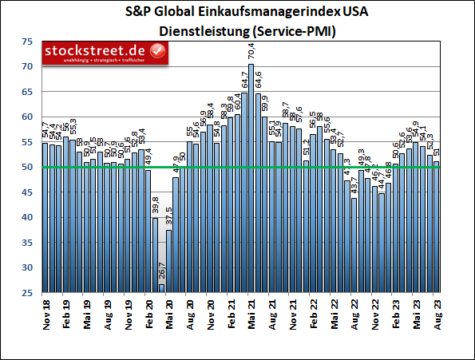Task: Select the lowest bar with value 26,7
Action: [161, 288]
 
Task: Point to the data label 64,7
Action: [244, 81]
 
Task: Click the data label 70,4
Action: [251, 53]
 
